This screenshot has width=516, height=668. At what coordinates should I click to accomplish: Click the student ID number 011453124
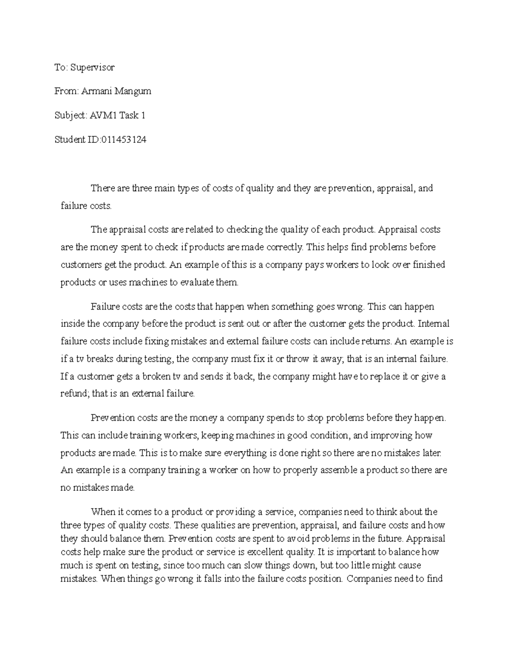pyautogui.click(x=123, y=139)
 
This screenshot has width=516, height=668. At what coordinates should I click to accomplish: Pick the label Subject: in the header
pyautogui.click(x=71, y=115)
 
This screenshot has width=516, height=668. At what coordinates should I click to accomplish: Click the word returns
pyautogui.click(x=375, y=342)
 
